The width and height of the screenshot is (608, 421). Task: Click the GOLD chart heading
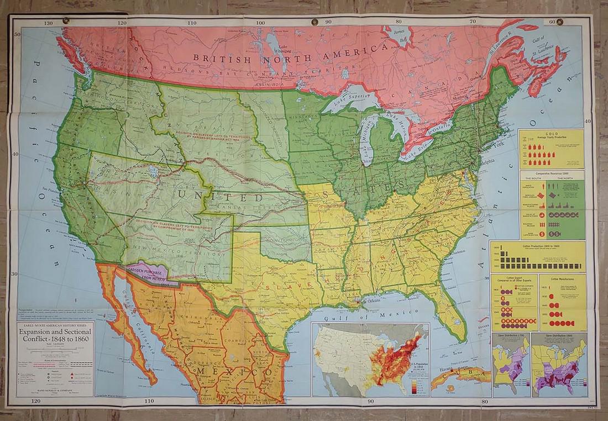(x=551, y=133)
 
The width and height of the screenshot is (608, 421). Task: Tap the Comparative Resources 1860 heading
(x=551, y=173)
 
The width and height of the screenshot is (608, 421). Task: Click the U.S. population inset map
(x=369, y=359)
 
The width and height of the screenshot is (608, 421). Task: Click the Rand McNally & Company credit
(x=55, y=390)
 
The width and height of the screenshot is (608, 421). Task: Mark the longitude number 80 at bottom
(x=485, y=401)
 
